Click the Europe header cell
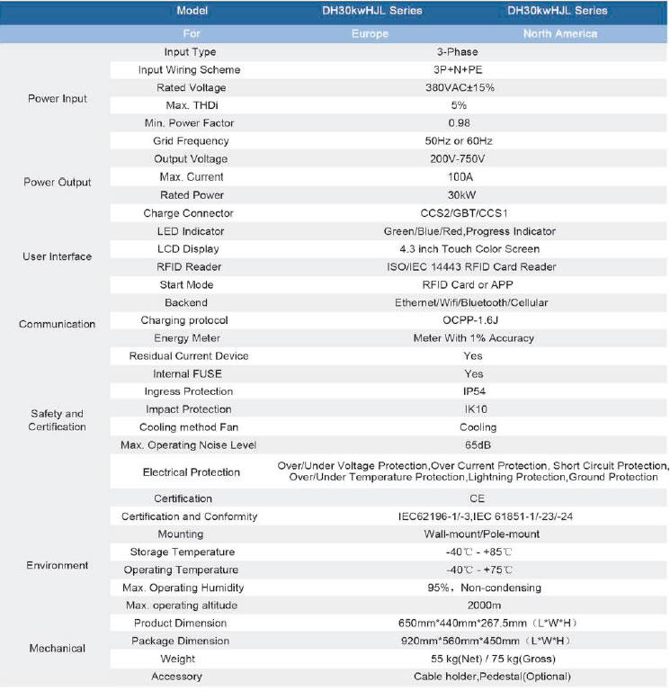370,34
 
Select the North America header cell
560,34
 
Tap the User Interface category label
58,257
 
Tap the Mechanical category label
58,649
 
